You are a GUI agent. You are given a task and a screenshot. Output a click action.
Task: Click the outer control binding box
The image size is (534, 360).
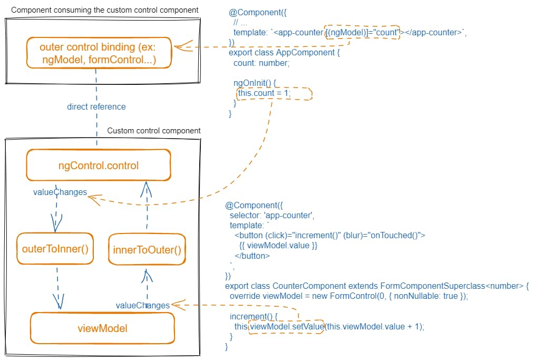pos(99,53)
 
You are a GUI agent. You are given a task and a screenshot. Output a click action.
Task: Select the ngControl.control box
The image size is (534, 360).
pos(99,166)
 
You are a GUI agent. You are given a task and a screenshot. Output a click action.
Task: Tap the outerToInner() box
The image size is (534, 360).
pos(55,248)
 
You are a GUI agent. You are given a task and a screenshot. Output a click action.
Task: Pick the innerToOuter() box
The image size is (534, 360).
pos(147,249)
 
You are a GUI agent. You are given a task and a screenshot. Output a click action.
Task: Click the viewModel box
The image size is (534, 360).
pos(102,328)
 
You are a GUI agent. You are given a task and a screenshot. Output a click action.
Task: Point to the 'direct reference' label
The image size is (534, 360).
pos(96,106)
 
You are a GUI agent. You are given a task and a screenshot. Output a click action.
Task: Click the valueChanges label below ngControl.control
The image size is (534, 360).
pos(60,192)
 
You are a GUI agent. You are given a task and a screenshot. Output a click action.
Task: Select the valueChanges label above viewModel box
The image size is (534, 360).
pos(142,305)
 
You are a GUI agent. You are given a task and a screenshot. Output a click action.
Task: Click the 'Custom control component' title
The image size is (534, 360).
pos(154,131)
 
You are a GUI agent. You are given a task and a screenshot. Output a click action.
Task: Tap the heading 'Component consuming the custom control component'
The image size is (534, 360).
pos(105,10)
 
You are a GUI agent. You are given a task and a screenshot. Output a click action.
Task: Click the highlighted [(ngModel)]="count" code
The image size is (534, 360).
pos(363,33)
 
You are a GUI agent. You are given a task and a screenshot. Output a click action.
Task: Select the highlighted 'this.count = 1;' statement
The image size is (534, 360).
pos(265,93)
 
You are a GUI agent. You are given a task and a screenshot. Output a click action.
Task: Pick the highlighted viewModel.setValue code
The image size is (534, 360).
pos(286,326)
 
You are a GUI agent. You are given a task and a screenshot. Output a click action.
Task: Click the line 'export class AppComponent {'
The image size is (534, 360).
pos(281,53)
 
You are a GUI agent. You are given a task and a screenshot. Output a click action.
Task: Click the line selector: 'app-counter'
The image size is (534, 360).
pos(272,215)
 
